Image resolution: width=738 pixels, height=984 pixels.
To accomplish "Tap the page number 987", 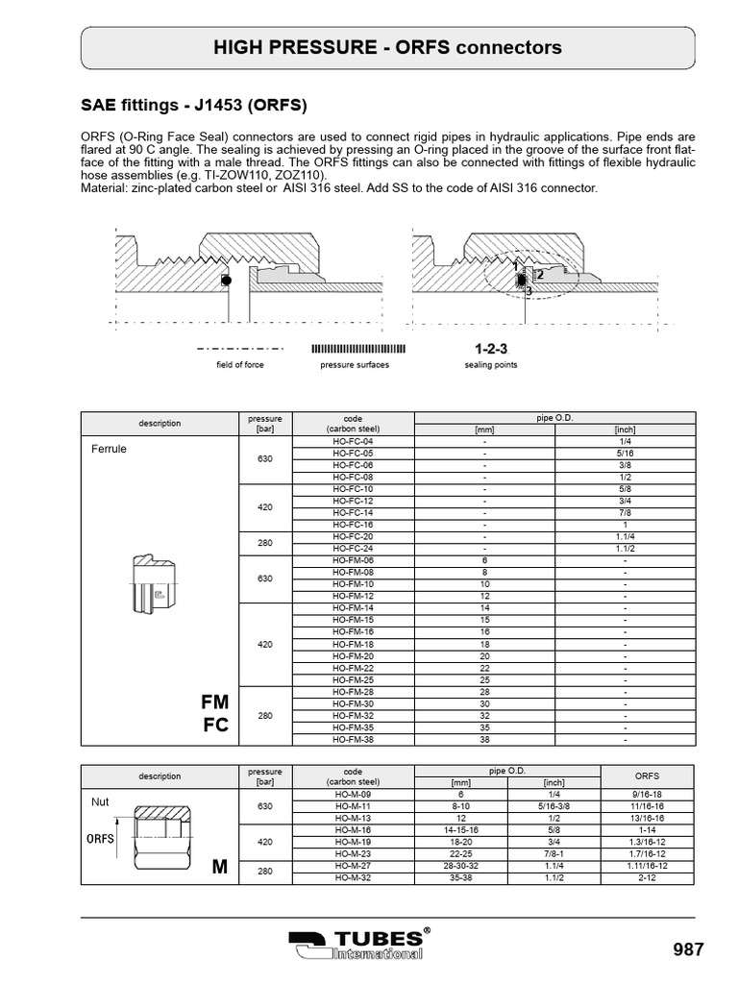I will click(689, 949).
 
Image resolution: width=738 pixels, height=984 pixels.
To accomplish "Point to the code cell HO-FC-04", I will click(353, 440).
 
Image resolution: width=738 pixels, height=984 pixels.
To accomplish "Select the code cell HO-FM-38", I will click(353, 740).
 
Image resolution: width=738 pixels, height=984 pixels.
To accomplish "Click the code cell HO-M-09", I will click(353, 794).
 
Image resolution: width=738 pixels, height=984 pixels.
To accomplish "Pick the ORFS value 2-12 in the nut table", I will click(648, 877).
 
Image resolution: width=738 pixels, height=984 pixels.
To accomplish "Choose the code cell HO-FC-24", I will click(353, 549).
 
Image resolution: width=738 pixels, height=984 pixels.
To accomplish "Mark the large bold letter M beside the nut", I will click(220, 868).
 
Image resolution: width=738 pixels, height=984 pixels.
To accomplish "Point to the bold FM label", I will click(215, 702).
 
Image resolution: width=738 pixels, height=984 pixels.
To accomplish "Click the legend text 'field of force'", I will click(239, 365).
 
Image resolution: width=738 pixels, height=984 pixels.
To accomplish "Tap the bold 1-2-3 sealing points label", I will click(491, 348).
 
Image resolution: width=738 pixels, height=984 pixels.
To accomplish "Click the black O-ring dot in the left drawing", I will click(226, 281).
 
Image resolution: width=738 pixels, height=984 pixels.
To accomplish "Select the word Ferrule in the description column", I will click(109, 449).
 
